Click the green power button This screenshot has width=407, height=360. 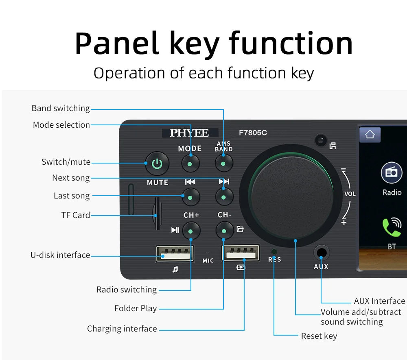(157, 164)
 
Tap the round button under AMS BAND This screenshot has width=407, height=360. (223, 164)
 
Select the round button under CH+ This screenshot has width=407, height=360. (191, 231)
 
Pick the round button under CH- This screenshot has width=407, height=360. (224, 231)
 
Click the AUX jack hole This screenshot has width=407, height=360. (322, 253)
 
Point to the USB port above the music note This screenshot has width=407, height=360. (175, 253)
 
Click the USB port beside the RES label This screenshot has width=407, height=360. (241, 253)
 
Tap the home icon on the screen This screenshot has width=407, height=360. (370, 135)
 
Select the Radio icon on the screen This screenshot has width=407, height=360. (392, 173)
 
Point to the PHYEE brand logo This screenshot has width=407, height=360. (190, 133)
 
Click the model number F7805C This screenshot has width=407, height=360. (253, 133)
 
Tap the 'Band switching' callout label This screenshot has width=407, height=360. (61, 108)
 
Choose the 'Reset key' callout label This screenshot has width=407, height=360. (319, 336)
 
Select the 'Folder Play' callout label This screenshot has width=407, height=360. (136, 308)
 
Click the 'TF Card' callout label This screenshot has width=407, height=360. (76, 215)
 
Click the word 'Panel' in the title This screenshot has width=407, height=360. (116, 43)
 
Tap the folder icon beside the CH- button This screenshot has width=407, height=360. (240, 229)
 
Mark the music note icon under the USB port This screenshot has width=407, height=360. (175, 269)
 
